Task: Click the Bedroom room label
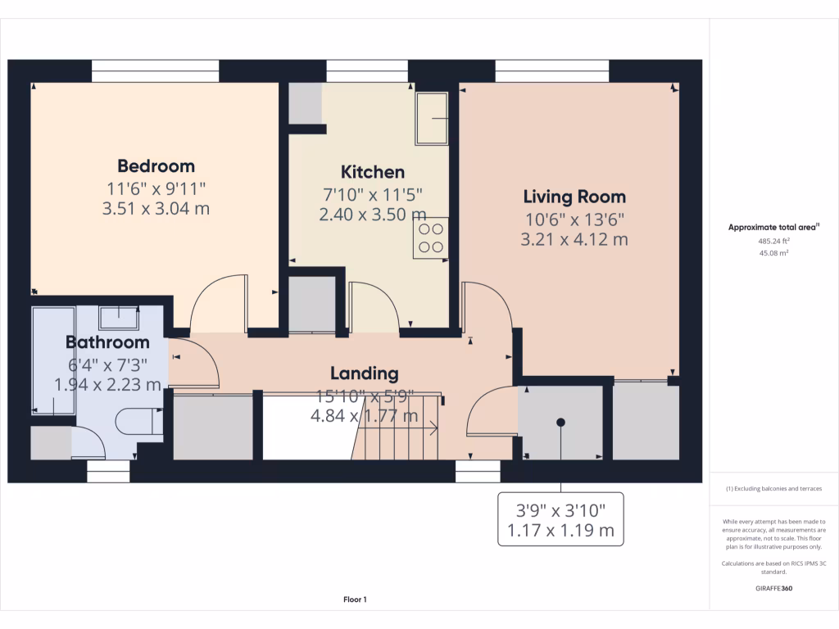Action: (x=156, y=165)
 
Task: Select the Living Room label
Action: (x=574, y=197)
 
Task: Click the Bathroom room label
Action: (x=107, y=342)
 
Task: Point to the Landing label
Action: (x=365, y=373)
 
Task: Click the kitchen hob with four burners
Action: (x=431, y=238)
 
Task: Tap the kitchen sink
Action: (x=432, y=118)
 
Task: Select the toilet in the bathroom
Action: (x=137, y=421)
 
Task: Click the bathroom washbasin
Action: (x=120, y=315)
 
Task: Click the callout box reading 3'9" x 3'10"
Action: (x=560, y=519)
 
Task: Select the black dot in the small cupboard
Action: (x=561, y=423)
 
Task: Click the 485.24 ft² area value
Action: (x=773, y=242)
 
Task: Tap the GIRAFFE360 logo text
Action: (x=773, y=588)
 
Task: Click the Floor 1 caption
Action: (x=355, y=600)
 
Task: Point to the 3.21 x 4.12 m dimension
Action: (x=574, y=239)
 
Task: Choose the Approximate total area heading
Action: (x=773, y=228)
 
